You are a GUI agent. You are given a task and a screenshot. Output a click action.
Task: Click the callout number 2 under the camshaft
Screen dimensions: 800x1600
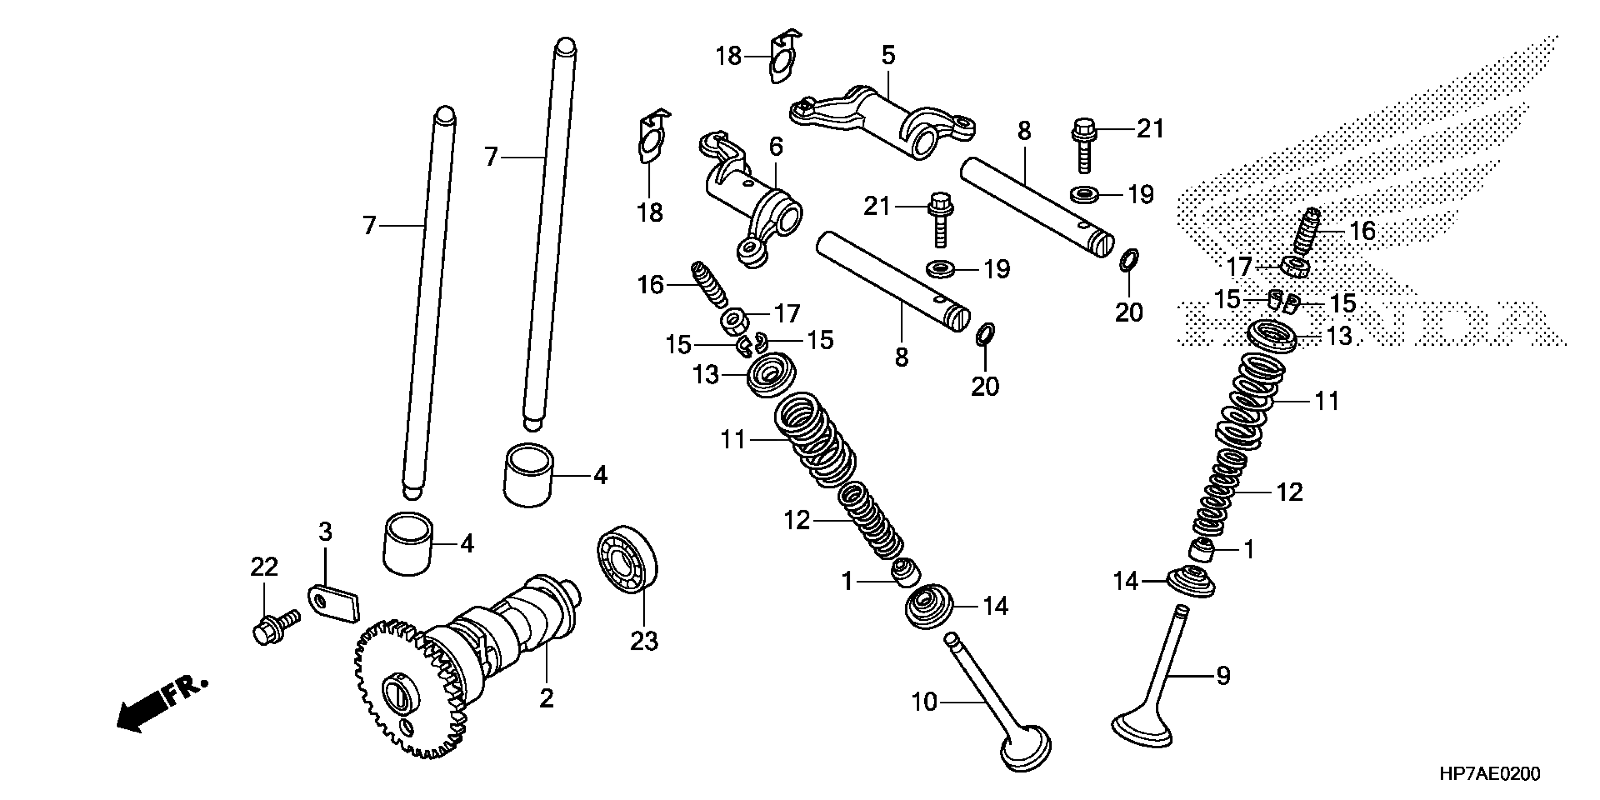546,699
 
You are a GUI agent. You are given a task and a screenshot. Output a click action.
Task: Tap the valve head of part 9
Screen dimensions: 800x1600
1142,730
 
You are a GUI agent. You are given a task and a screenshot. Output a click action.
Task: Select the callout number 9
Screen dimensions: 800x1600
1223,676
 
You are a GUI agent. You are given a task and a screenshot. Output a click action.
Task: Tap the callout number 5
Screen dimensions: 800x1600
888,56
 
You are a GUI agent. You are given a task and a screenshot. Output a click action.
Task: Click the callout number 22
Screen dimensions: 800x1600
264,567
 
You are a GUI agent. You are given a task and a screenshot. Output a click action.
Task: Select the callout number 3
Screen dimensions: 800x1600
325,532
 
